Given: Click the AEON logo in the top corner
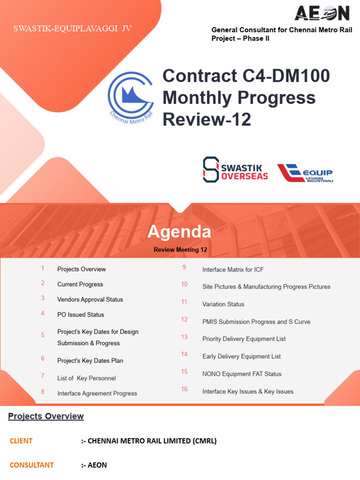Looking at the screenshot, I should click(x=322, y=13).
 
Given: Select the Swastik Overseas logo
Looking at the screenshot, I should click(x=235, y=169).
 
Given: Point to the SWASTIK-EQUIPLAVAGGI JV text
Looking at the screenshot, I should click(x=72, y=29).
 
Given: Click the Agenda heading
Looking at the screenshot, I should click(x=180, y=232).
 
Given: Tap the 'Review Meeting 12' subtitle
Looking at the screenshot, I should click(x=180, y=250).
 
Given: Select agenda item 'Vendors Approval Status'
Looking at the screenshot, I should click(x=90, y=300).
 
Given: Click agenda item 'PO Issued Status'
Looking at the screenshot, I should click(x=81, y=315).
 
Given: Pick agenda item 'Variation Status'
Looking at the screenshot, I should click(x=223, y=304).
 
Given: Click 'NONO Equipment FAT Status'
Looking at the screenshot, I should click(x=242, y=374).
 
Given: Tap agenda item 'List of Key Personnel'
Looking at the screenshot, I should click(x=86, y=378).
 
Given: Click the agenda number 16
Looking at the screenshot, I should click(x=184, y=389).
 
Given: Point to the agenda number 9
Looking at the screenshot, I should click(x=184, y=267).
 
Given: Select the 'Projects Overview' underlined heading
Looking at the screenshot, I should click(x=46, y=416).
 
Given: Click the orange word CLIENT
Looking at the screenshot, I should click(x=21, y=441).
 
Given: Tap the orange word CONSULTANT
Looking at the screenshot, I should click(x=32, y=465).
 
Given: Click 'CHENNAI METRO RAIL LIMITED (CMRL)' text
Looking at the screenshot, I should click(x=149, y=441).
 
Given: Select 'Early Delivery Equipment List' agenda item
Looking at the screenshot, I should click(x=241, y=356).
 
